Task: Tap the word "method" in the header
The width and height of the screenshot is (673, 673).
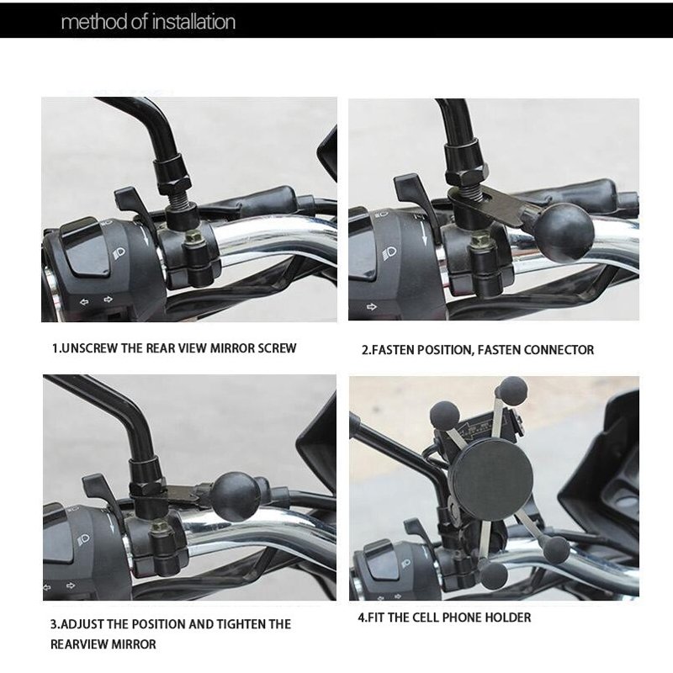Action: click(93, 21)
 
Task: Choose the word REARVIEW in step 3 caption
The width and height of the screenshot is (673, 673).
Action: click(82, 644)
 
